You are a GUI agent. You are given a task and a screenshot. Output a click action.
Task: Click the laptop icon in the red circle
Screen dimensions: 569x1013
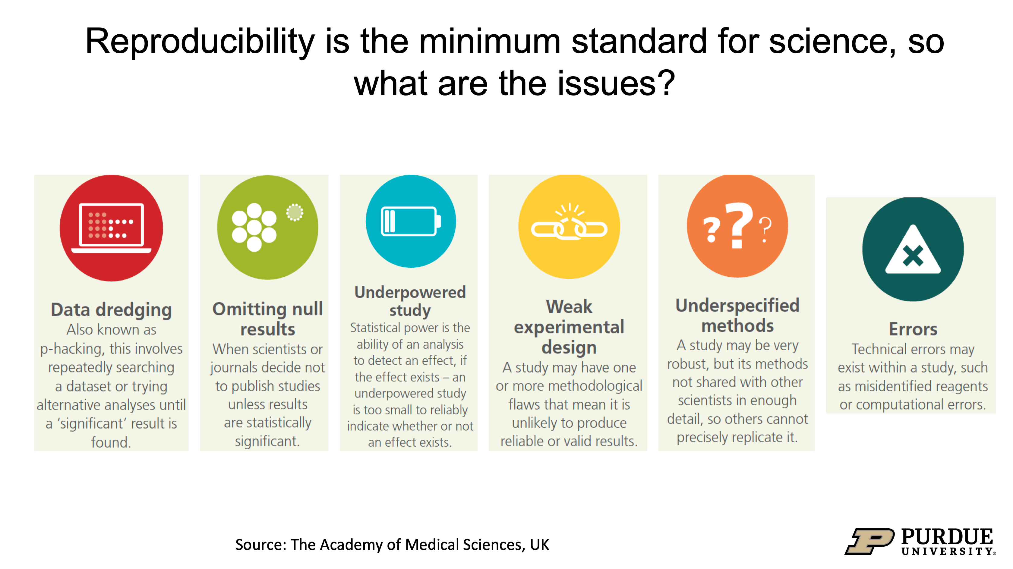tap(111, 227)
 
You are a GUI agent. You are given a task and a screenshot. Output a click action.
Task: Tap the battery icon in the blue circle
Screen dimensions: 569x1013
tap(410, 222)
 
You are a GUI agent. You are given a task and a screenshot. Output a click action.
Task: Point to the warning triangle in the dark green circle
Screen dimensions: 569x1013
tap(913, 251)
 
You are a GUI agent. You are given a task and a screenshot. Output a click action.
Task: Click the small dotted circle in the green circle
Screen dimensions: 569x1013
tap(295, 213)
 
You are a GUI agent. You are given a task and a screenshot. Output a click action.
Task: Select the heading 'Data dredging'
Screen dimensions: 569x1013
tap(111, 310)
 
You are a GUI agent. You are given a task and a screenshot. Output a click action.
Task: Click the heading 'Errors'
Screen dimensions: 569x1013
tap(913, 329)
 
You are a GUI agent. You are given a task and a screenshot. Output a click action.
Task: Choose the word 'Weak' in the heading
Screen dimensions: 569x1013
tap(569, 307)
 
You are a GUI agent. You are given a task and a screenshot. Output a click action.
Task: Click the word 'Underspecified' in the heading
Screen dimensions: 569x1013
tap(737, 306)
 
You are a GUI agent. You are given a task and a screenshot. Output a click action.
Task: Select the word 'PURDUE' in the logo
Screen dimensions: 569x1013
tap(947, 536)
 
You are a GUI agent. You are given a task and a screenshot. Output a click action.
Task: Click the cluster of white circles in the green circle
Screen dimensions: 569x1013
tap(254, 227)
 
